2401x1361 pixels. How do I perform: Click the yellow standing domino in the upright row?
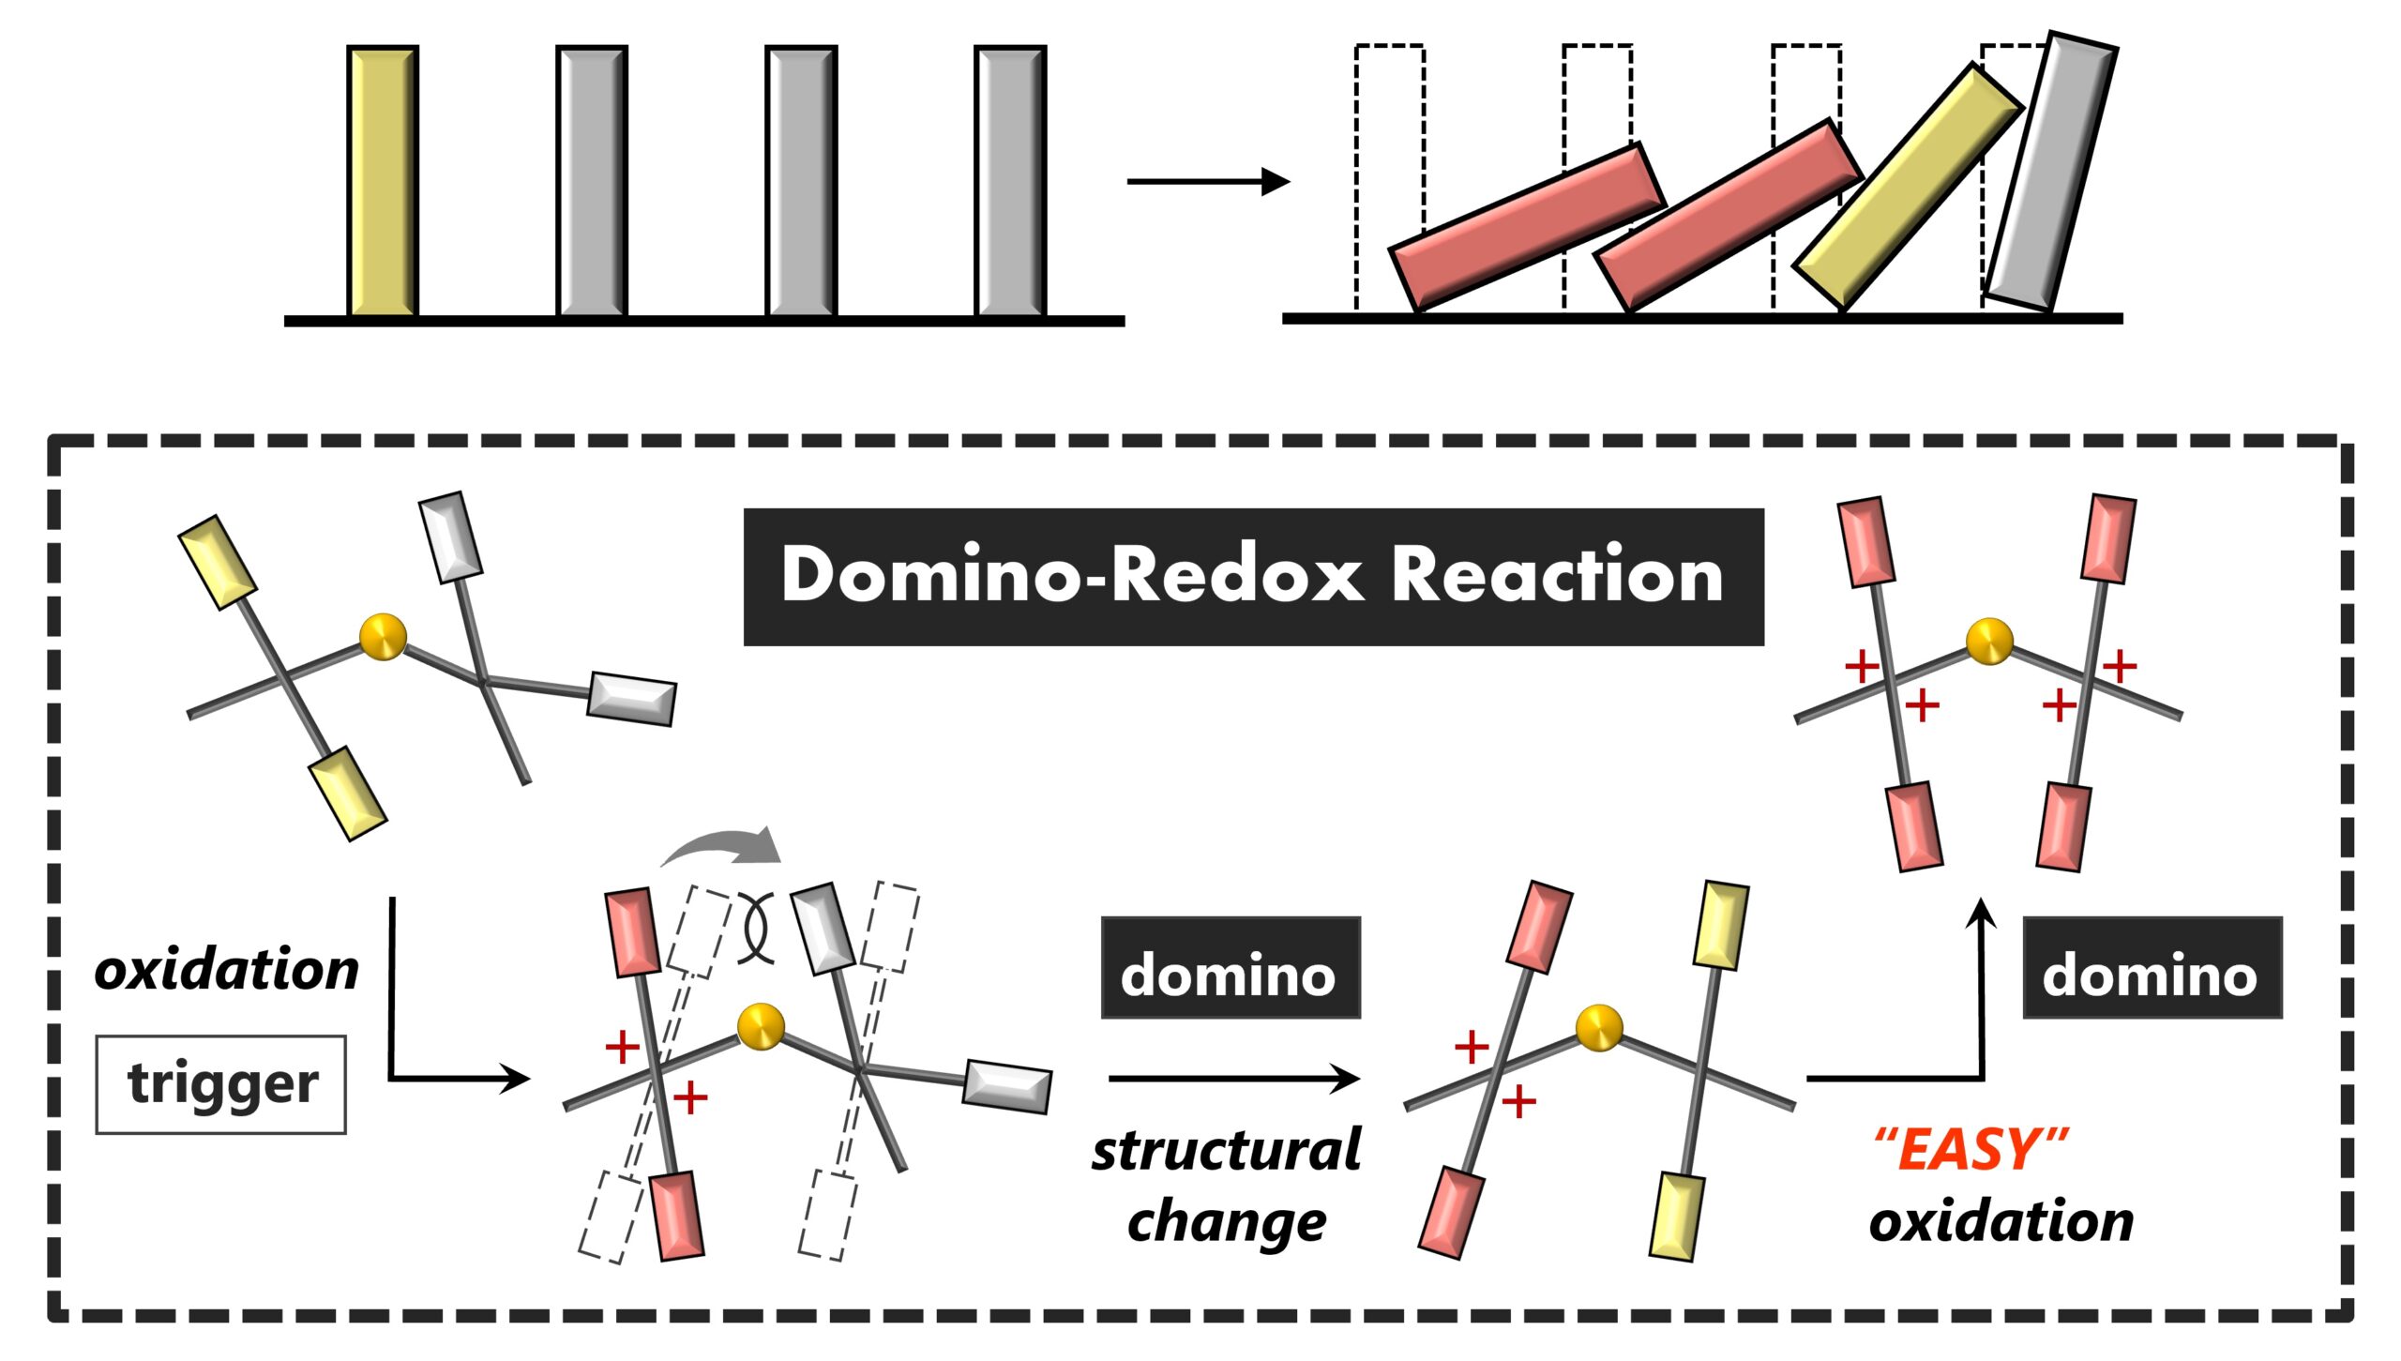click(383, 181)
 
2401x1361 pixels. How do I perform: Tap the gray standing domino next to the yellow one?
click(592, 181)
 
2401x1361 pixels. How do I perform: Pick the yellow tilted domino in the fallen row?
click(1909, 187)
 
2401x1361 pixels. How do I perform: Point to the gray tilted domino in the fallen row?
click(2050, 171)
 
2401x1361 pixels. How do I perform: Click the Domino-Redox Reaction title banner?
click(1253, 577)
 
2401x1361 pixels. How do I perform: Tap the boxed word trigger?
click(221, 1084)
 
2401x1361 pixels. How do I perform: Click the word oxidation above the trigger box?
click(227, 970)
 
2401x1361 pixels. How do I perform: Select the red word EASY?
click(1971, 1149)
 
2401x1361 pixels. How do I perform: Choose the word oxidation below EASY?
click(2001, 1221)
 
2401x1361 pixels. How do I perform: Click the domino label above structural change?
click(1231, 967)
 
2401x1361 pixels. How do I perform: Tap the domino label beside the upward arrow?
click(2152, 967)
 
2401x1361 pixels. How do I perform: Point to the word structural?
click(1227, 1150)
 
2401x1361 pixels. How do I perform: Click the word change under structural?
click(1227, 1222)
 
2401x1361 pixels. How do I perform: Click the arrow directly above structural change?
click(1234, 1079)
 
